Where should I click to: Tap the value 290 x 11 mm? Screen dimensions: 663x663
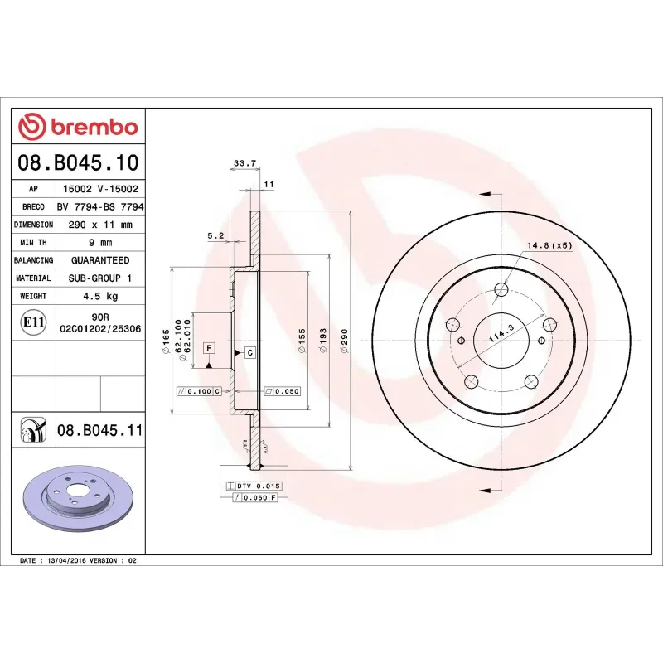(99, 225)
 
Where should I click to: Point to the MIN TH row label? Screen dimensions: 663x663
(34, 242)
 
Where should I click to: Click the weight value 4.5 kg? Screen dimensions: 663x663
(99, 296)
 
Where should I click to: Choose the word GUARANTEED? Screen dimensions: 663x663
(99, 260)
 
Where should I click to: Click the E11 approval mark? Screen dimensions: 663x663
(33, 322)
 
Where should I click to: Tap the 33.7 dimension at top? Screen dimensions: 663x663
(244, 163)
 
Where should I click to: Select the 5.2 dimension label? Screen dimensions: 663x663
(215, 235)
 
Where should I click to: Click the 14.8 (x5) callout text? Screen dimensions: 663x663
(549, 245)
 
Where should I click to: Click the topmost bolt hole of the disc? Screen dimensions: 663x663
(501, 289)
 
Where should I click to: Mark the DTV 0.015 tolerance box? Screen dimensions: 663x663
(258, 486)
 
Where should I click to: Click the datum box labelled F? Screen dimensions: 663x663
(209, 347)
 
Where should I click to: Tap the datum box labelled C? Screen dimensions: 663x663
(248, 353)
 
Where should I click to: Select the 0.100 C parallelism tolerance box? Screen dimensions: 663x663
(199, 390)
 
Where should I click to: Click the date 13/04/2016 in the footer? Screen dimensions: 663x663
(71, 561)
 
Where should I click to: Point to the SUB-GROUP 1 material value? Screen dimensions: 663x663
(99, 278)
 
